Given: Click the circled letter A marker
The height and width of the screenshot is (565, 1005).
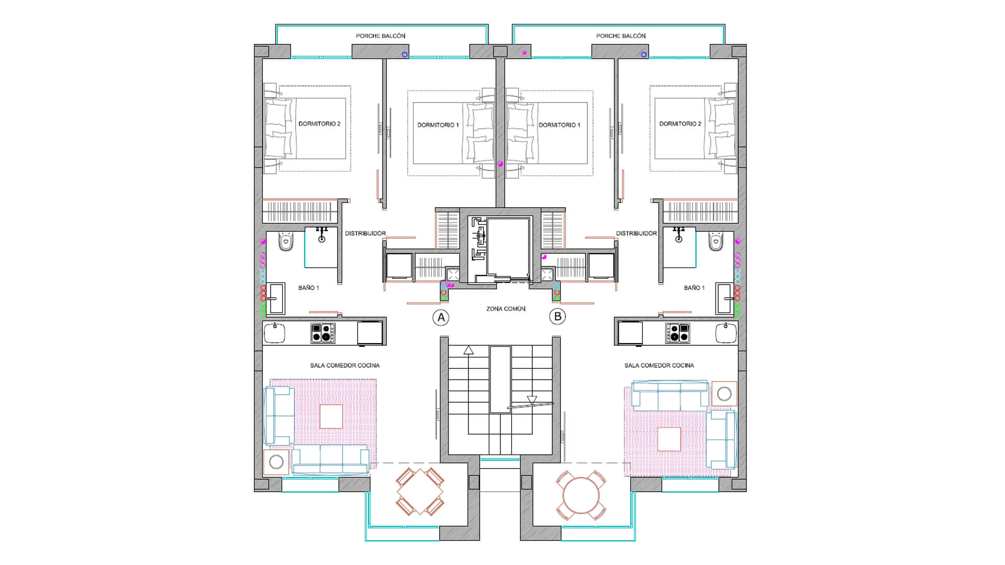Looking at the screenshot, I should pos(441,318).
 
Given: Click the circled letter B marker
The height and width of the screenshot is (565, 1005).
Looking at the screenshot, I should pos(557,317).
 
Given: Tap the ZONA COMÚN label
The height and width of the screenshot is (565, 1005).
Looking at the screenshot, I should pos(506,309).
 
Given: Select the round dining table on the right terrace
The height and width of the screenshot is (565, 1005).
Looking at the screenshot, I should pos(581,495).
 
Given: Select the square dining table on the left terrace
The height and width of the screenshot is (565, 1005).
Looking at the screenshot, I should pos(420,492).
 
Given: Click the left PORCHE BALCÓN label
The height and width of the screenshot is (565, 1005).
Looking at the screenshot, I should pos(381,36).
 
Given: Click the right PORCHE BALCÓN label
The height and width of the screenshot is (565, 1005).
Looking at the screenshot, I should pos(621,36).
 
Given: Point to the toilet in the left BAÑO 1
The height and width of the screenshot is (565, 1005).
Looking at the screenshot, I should pos(285,242).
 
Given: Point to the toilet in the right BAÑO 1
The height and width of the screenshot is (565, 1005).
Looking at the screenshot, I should pos(716,242).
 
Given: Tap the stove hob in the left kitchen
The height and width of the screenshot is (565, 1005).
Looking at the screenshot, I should pos(323,333).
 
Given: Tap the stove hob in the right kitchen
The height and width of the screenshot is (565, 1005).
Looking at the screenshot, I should pos(677,333).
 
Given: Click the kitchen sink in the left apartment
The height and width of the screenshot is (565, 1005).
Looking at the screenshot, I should pos(274,333).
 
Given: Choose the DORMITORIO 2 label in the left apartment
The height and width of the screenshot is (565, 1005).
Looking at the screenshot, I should pos(319,124).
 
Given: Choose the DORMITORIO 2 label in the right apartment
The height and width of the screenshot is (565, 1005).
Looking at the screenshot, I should pos(680,124).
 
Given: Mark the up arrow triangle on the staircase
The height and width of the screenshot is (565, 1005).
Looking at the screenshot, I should pos(468,351).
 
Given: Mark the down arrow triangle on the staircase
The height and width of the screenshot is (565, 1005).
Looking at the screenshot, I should pos(532,400).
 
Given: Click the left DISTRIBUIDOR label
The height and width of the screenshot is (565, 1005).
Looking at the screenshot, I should pos(365,234).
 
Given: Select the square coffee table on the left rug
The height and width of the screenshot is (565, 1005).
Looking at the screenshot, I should pos(331,417).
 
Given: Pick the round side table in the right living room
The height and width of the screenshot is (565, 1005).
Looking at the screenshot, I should pos(724,394).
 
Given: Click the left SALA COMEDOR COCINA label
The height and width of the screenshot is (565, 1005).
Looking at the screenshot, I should pos(344,366).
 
